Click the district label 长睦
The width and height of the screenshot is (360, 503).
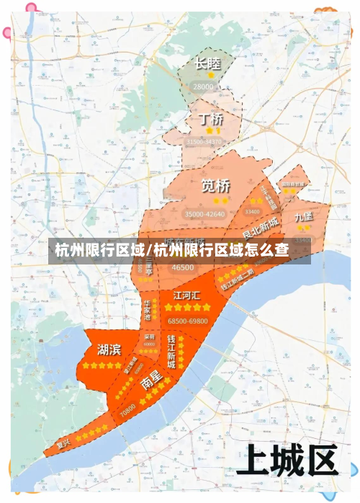pos(207,64)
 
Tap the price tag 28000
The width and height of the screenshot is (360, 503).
pos(204,86)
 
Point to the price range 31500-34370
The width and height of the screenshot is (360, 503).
pos(204,143)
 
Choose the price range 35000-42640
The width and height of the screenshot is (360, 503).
pos(204,214)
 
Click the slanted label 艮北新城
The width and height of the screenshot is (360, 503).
pos(261,228)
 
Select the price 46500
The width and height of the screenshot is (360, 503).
pos(183,267)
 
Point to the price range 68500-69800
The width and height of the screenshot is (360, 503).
pos(187,321)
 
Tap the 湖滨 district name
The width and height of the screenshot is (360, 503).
pos(109,350)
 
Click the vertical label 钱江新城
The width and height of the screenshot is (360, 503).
pos(171,351)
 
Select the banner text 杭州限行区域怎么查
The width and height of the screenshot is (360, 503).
pos(180,250)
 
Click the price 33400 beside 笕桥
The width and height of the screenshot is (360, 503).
pos(252,212)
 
